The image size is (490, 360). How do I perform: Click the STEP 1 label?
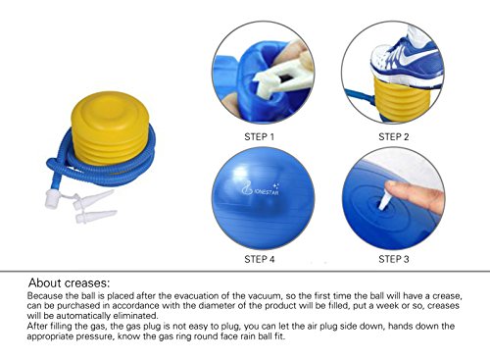coord(259,136)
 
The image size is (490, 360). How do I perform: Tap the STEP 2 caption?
coord(393,136)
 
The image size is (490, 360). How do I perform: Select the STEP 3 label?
coord(393,259)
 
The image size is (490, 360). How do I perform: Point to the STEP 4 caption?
coord(260,259)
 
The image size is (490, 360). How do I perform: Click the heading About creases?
coord(70,283)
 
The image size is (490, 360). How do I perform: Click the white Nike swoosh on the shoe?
coord(416,57)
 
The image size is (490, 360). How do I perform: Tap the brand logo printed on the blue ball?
coord(260,189)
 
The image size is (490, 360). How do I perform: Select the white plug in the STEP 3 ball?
coord(384,200)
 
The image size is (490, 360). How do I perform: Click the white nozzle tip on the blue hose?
coord(52,198)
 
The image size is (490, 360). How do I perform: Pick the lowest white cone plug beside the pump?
coord(96,217)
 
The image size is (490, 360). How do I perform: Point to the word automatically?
coord(84,316)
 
